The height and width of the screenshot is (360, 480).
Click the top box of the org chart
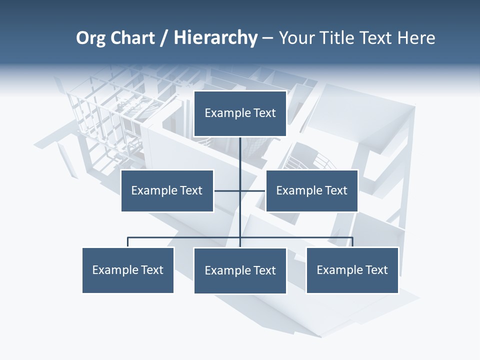coord(240,113)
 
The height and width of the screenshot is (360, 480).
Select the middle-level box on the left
coord(167,190)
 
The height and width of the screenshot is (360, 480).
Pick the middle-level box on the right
coord(311,190)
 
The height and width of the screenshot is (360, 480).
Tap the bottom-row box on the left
coord(128,270)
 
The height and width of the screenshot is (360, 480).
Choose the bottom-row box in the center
coord(240,270)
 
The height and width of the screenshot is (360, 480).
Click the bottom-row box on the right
coord(352,270)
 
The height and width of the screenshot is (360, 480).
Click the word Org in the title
coord(90,38)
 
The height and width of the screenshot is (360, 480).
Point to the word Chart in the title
coord(132,38)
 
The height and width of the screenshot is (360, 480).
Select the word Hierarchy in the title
coord(215,38)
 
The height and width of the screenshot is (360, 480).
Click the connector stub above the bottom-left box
coord(128,242)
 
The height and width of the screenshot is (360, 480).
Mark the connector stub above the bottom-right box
coord(352,242)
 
